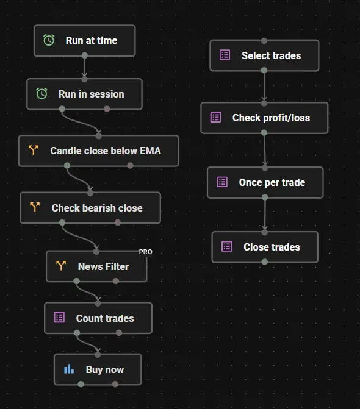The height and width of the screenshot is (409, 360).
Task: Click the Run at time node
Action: (x=85, y=40)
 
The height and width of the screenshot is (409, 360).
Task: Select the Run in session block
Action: (x=85, y=94)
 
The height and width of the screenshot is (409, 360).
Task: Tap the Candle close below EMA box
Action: (x=99, y=151)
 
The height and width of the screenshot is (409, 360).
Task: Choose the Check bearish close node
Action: (x=90, y=208)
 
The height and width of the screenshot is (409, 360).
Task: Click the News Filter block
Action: (x=96, y=266)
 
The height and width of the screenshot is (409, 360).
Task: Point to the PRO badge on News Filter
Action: (x=145, y=252)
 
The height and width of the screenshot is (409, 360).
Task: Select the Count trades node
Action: (x=98, y=318)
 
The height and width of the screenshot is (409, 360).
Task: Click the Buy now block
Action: (x=98, y=369)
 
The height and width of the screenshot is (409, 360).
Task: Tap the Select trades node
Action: (x=264, y=55)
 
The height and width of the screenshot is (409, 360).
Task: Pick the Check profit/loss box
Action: (x=264, y=118)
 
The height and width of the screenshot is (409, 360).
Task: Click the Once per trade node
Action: (x=265, y=182)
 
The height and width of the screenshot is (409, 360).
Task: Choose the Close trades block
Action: (x=265, y=247)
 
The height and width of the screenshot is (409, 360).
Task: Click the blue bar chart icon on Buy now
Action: (x=69, y=369)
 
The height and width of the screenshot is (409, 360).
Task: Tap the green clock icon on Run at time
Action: (x=49, y=40)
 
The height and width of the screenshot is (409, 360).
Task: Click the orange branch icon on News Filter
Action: (x=61, y=266)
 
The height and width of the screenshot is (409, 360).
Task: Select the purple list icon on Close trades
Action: (x=226, y=246)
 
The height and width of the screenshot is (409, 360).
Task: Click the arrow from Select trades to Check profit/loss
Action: (x=264, y=87)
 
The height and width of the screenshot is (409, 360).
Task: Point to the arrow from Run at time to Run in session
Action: (x=84, y=67)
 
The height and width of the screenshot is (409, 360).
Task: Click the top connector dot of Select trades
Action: (x=264, y=41)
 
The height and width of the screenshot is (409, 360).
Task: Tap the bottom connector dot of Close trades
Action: (x=264, y=261)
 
